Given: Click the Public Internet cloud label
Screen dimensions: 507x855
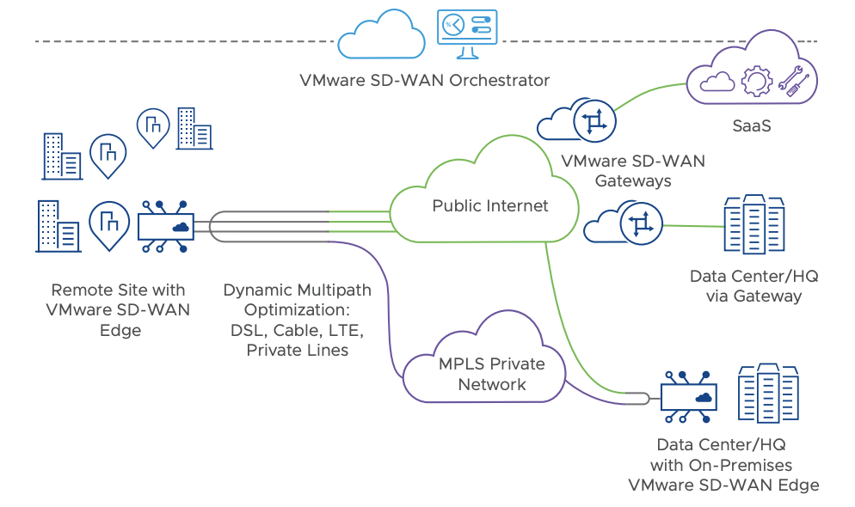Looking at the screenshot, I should point(489,206).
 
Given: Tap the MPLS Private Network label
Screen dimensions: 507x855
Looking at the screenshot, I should point(491,374).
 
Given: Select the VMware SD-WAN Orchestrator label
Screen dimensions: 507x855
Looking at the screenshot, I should point(424,81).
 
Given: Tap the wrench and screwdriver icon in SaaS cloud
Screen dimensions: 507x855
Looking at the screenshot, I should point(793,80).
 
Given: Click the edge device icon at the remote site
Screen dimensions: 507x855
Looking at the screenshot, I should point(167,227).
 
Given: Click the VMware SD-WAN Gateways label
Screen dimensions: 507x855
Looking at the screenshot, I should point(632,170).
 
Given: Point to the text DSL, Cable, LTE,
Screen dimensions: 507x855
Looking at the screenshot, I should point(297,330).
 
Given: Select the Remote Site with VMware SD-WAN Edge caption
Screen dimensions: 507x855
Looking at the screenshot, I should point(119,309).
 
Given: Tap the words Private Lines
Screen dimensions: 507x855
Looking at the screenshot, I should point(297,350).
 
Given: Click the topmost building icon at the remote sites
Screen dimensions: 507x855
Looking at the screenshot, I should point(194,128).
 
